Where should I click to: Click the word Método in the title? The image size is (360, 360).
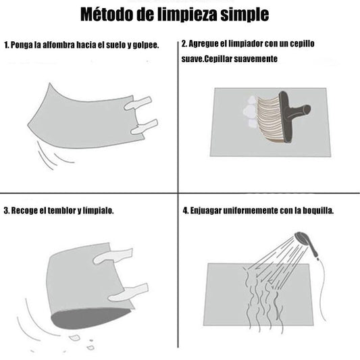(107, 14)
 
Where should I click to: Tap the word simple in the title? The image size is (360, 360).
(245, 15)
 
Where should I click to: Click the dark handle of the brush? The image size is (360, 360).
(292, 114)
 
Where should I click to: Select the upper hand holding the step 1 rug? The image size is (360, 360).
(138, 103)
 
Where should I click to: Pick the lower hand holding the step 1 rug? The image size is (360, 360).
(144, 128)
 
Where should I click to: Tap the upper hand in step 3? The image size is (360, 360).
(113, 255)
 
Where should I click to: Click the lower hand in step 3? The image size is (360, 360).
(128, 292)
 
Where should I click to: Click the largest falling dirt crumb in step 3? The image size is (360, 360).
(74, 338)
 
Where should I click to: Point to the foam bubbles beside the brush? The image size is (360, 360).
(251, 113)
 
